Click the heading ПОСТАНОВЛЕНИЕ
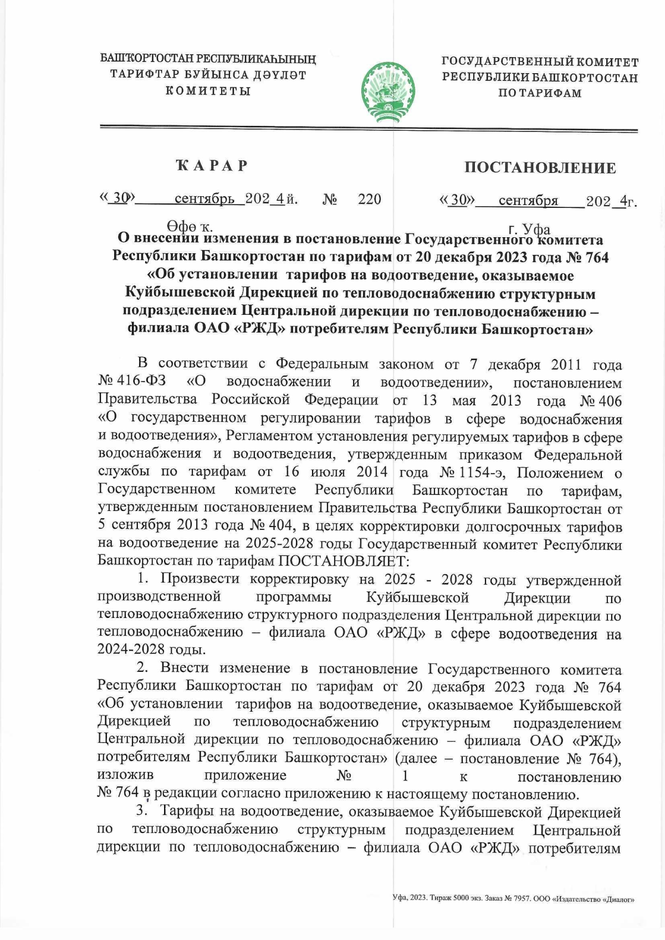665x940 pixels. pos(540,168)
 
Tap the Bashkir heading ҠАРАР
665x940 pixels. pos(212,166)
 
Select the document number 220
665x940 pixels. pos(369,199)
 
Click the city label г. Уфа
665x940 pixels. pos(529,229)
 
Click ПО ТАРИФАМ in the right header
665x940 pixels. pos(540,94)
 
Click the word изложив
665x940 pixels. pos(125,775)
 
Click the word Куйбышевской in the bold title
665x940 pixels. pos(181,292)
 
